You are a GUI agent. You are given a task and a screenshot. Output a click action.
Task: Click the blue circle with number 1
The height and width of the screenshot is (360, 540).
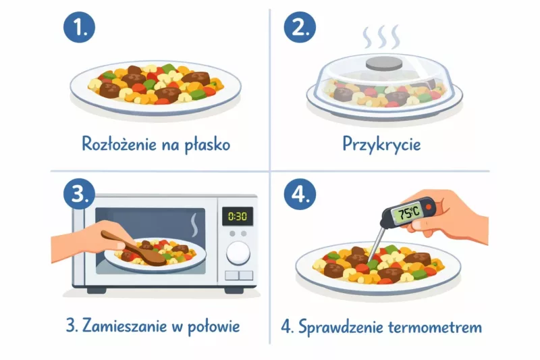click(x=79, y=28)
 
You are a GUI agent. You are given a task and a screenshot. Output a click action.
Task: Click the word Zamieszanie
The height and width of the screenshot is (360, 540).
click(x=125, y=327)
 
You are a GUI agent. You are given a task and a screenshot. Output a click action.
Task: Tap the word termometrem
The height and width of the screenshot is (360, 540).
click(x=436, y=328)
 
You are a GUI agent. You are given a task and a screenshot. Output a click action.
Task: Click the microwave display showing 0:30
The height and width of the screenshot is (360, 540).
click(x=238, y=216)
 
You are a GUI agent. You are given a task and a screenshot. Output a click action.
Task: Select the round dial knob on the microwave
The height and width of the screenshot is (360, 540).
click(x=238, y=253)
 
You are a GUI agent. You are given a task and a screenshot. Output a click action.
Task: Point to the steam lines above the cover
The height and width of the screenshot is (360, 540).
click(x=382, y=37)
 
